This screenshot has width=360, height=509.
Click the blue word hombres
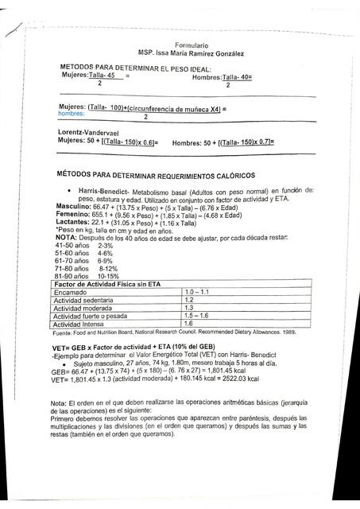click(71, 114)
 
